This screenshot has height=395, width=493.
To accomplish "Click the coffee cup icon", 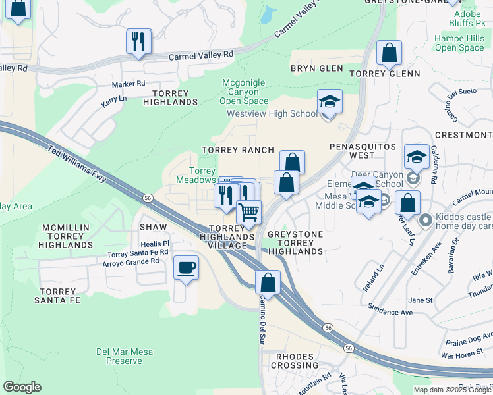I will click(x=186, y=267).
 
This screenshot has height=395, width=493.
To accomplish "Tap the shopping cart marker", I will click(x=249, y=212).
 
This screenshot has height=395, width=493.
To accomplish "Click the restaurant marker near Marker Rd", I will click(x=138, y=42).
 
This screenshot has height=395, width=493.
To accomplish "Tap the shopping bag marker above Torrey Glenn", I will click(x=390, y=54).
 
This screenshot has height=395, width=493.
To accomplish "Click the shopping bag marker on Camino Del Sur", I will click(x=268, y=282).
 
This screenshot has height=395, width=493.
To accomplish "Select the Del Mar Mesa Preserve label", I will click(x=125, y=356).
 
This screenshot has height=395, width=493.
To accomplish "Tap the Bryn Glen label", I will click(x=317, y=68).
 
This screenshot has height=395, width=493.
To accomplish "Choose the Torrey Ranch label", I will click(x=237, y=150).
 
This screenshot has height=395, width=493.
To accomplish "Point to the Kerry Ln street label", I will click(x=116, y=99).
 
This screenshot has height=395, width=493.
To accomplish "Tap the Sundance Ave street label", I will click(x=390, y=313).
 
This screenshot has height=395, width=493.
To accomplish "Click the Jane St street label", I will click(x=420, y=300).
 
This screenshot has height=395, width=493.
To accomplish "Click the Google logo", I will click(x=22, y=387).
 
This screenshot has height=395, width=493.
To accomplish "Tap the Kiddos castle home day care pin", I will click(x=426, y=220).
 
